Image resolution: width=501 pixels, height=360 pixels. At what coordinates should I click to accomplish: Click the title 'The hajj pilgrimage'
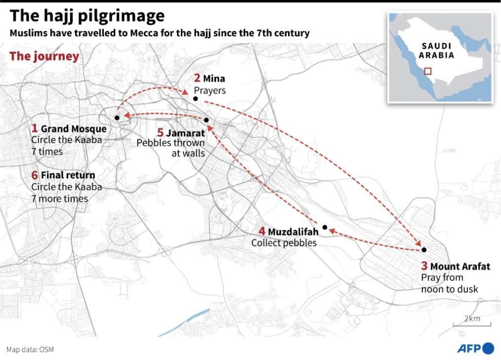pos(87,16)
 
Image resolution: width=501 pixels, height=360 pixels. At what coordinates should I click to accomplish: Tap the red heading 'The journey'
pos(44,56)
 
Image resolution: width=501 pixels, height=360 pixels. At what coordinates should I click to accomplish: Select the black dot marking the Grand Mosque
pos(117,118)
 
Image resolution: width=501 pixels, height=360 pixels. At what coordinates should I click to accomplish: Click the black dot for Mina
pos(196,99)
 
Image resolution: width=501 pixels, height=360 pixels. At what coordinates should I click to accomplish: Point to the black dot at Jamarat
pos(207,120)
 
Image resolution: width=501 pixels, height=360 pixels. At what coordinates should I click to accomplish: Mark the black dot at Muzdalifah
pos(325,227)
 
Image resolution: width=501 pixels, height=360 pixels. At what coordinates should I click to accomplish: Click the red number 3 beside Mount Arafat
pos(424,266)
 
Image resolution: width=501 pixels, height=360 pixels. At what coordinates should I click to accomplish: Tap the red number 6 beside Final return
pos(35,175)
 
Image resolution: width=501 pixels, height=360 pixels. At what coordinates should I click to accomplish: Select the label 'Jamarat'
pos(185,133)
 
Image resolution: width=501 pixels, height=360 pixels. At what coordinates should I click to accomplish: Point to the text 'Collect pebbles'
pos(284,243)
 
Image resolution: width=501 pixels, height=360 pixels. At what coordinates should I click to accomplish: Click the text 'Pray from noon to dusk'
pos(449,283)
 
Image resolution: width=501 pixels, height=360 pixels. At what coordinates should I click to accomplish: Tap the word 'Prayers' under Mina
pos(209,90)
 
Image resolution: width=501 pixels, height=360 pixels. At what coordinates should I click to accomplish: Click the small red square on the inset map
pos(428,71)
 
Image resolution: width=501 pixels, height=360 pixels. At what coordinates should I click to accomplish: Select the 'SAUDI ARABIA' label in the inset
pos(436,51)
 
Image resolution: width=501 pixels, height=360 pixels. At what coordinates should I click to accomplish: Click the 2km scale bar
pos(472,324)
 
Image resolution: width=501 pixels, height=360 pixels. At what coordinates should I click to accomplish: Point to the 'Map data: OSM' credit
pos(30,350)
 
